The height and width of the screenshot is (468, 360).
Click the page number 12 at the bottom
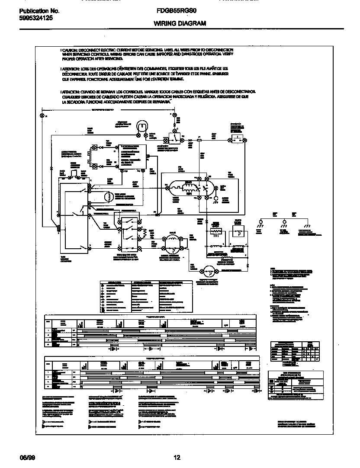tap(177, 458)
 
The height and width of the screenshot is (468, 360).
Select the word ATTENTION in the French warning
tap(72, 69)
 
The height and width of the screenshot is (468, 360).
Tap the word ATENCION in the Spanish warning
tap(71, 92)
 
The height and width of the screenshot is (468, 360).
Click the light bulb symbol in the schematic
tap(141, 126)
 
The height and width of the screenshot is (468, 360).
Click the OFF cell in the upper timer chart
tap(225, 323)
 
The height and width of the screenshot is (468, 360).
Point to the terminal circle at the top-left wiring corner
tap(42, 116)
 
